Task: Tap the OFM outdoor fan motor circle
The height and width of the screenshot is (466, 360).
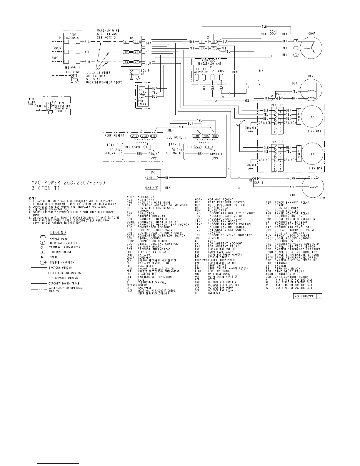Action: coord(311,88)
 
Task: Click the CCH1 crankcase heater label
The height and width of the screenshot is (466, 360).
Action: coord(273,31)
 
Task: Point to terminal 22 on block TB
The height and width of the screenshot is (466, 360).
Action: coord(136,52)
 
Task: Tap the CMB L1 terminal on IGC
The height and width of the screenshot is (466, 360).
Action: coord(152,177)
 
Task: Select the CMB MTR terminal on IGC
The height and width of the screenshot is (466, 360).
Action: coord(152,188)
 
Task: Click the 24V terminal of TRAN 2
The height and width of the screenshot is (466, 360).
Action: coord(136,147)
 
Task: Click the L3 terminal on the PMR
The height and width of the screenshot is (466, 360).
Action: coord(142,92)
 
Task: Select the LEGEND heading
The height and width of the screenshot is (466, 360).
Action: coord(58,232)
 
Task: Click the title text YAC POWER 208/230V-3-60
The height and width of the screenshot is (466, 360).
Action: coord(68,183)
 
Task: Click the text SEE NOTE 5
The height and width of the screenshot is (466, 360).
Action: coord(176,137)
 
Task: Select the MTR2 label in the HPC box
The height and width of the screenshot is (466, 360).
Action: coord(221,71)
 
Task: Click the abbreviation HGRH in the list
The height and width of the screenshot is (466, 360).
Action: coord(199,200)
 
